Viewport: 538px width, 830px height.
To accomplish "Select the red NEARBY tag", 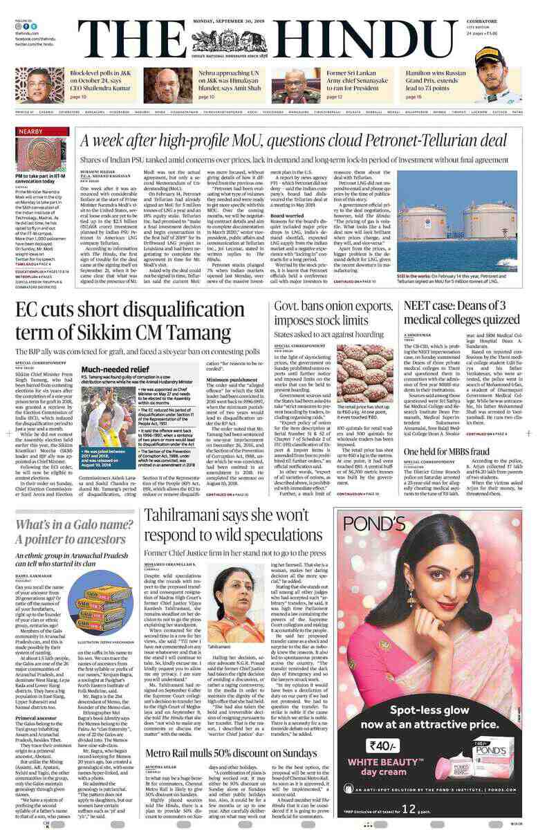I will click(x=31, y=131).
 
